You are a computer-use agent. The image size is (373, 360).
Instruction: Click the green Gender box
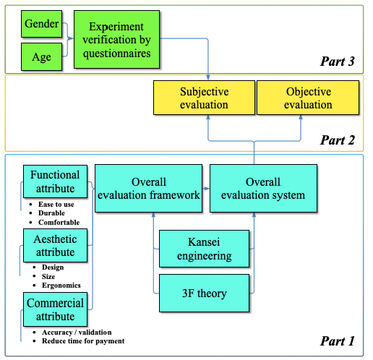41,24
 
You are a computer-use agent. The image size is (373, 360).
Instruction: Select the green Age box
41,57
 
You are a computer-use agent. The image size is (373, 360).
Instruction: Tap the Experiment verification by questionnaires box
116,39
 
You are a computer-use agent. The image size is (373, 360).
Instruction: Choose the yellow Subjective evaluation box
204,98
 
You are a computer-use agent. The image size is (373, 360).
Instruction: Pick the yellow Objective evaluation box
308,98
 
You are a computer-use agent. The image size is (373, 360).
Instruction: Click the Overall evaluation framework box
148,189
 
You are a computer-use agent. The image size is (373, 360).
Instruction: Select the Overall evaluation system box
263,189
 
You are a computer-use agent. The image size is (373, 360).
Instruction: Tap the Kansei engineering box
204,249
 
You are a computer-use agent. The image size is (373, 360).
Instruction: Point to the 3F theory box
204,293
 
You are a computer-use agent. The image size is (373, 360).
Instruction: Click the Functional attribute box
55,181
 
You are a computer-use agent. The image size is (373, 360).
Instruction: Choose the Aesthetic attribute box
55,246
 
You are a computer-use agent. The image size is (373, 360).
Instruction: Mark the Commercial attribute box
55,309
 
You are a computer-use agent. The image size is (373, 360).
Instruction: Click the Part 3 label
338,61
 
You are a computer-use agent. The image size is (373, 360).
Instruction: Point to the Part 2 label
338,140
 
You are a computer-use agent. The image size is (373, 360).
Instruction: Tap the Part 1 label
338,341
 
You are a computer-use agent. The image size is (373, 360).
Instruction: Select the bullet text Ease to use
56,205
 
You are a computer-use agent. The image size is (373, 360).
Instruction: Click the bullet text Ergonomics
61,286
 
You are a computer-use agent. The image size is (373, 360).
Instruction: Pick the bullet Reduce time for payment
83,341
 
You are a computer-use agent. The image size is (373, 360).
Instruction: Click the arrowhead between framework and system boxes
206,189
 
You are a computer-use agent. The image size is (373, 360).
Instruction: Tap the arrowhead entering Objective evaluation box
301,117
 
